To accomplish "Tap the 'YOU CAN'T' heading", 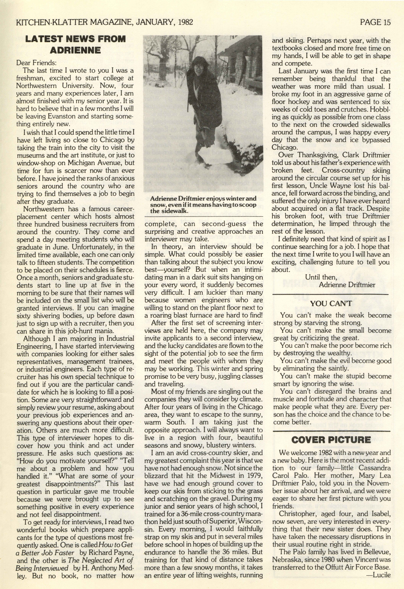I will tap(331, 303).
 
